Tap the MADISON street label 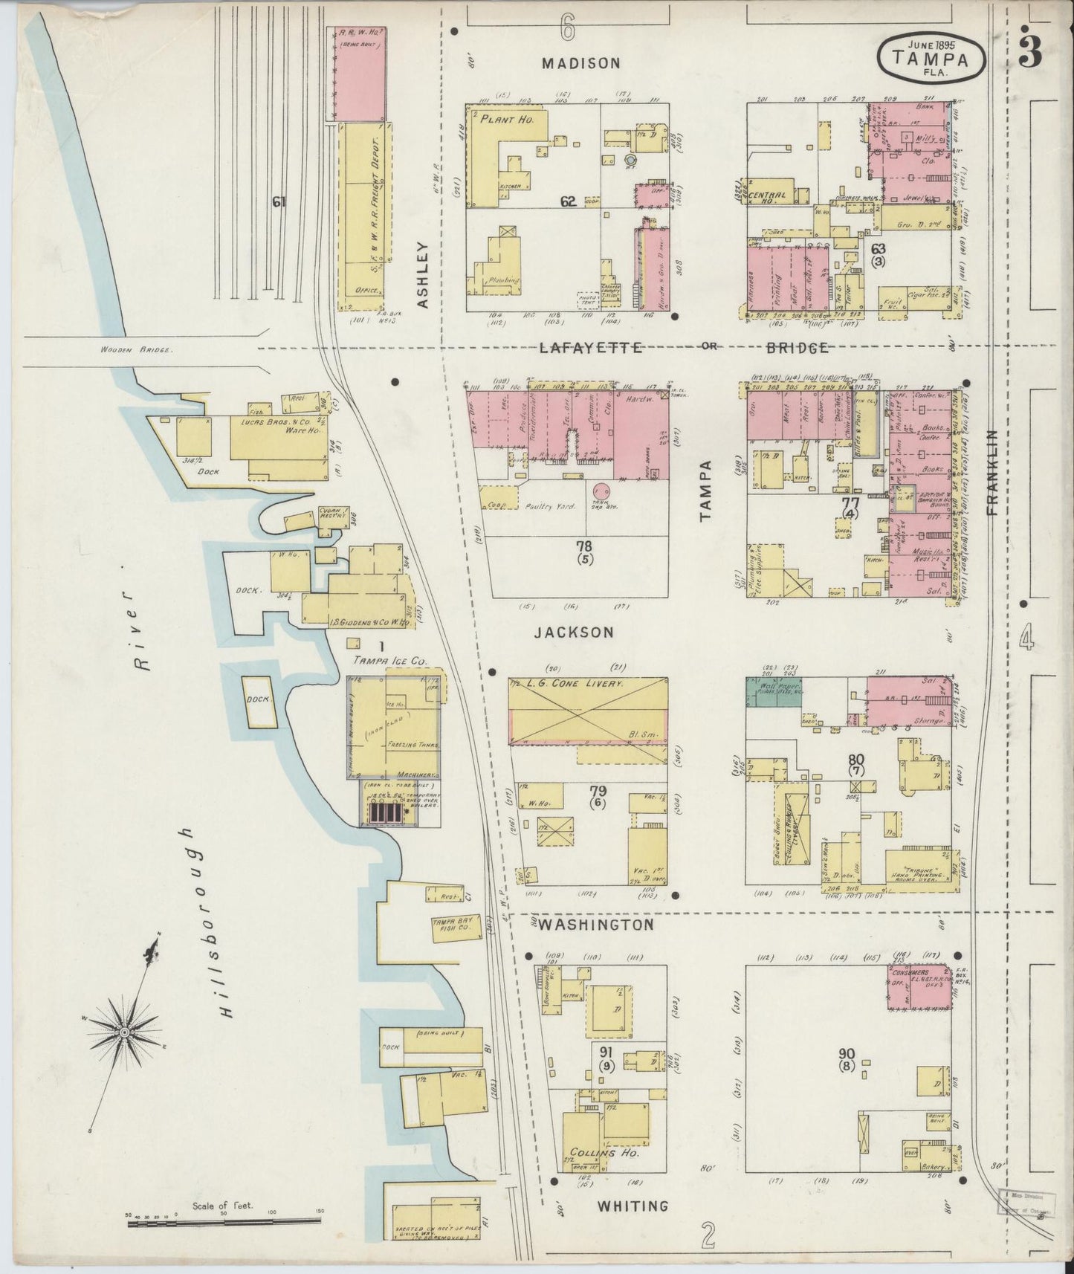coord(580,63)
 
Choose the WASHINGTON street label coord(596,925)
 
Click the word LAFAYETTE coord(591,347)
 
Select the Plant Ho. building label coord(504,120)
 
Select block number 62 coord(569,200)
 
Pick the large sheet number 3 coord(1030,51)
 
